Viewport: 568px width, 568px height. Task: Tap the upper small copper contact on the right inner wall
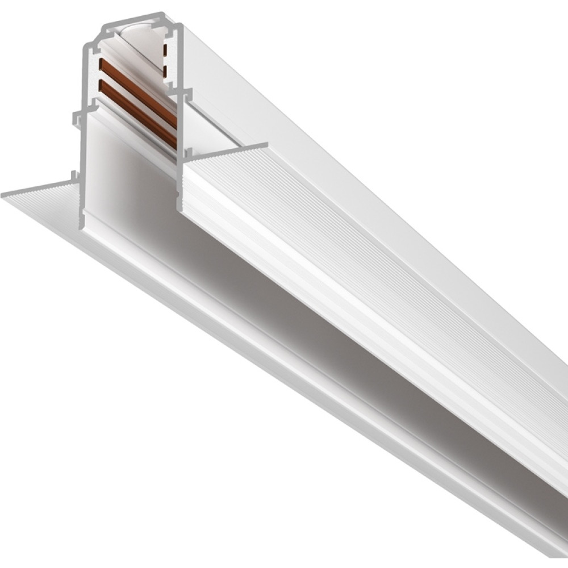click(x=165, y=50)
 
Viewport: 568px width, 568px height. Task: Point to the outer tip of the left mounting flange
click(x=3, y=195)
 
